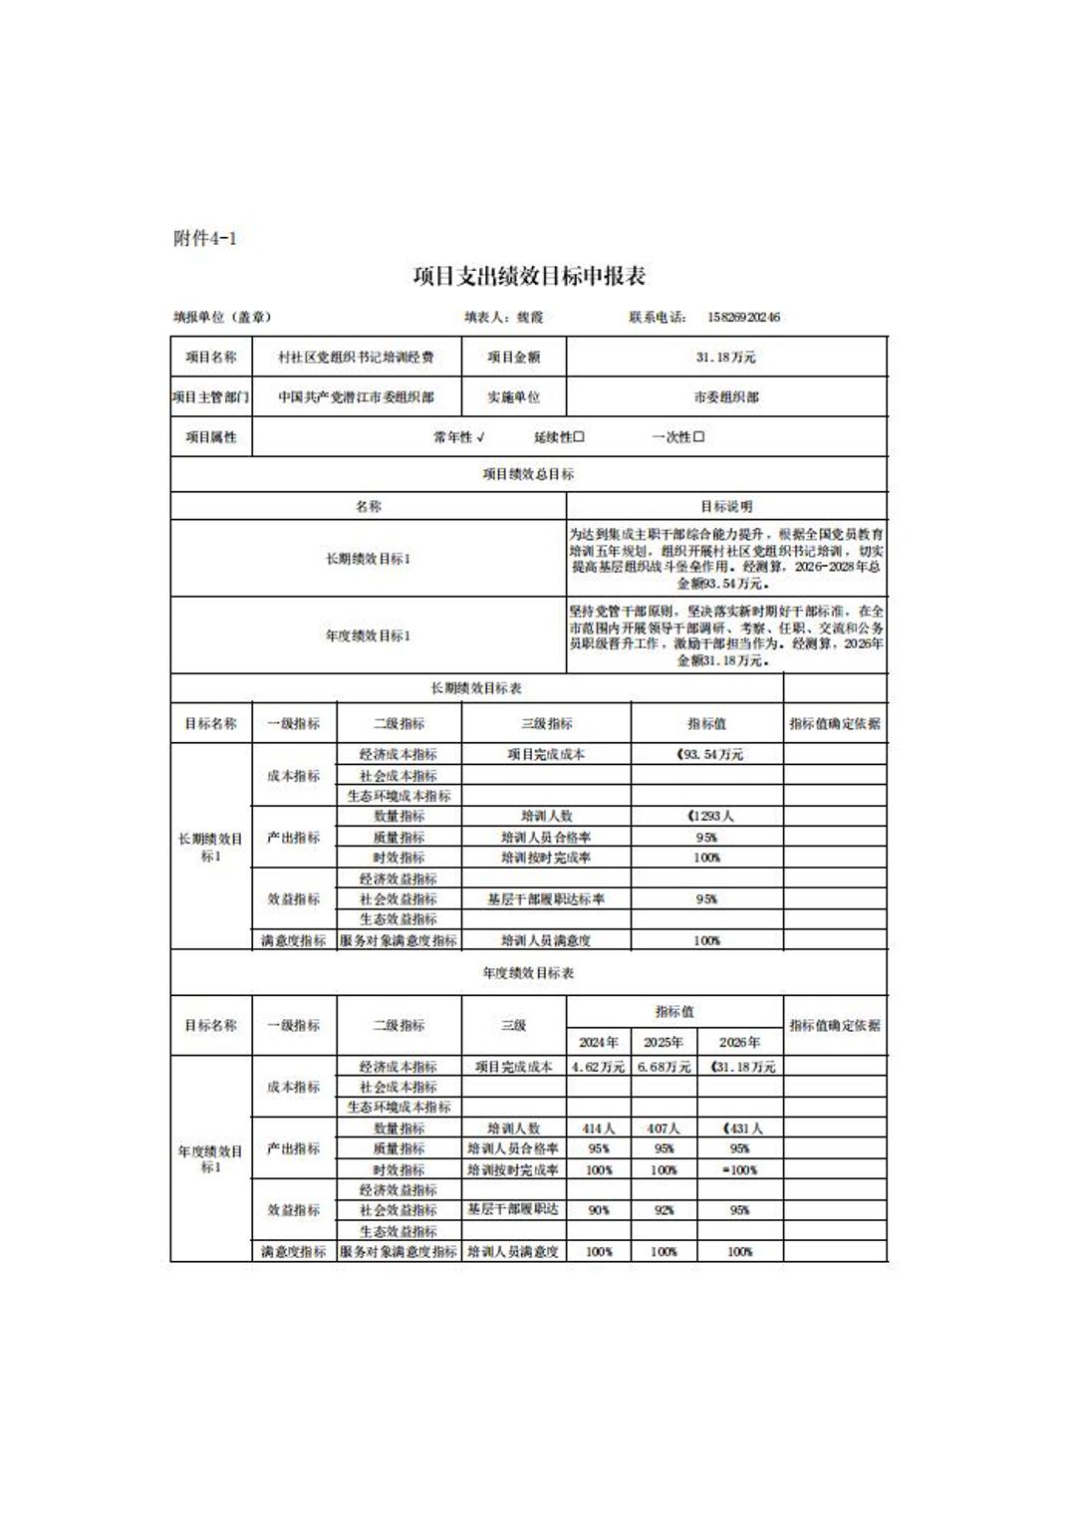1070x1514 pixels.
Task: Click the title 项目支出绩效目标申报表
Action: tap(529, 276)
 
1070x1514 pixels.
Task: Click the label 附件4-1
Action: tap(205, 238)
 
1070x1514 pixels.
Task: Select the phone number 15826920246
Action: tap(743, 318)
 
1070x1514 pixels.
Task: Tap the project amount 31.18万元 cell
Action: tap(725, 357)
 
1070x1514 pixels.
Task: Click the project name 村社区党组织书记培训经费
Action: tap(356, 357)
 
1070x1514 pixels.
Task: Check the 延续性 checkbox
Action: tap(579, 437)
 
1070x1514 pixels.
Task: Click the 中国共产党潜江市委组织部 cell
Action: tap(356, 396)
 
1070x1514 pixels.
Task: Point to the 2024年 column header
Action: tap(599, 1042)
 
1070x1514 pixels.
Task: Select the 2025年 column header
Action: tap(664, 1042)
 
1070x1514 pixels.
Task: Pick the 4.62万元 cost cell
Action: tap(599, 1067)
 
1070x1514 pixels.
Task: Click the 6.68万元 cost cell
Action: tap(664, 1067)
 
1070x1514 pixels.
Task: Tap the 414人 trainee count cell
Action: tap(599, 1129)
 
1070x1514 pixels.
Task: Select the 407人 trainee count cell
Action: tap(664, 1129)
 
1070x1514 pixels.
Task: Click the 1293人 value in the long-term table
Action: tap(709, 816)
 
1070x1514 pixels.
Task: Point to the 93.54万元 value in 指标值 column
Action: tap(709, 755)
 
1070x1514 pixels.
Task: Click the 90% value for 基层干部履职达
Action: tap(599, 1210)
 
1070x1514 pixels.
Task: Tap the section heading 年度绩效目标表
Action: tap(528, 972)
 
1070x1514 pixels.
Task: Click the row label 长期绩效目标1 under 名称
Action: tap(368, 559)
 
